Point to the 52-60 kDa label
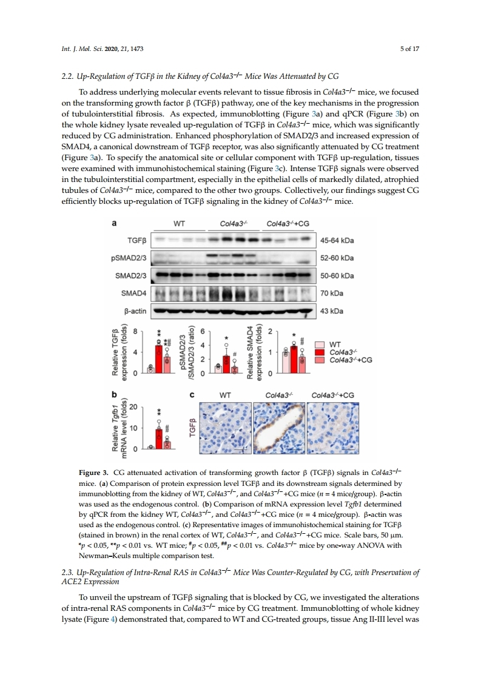tap(337, 258)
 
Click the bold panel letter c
tap(192, 395)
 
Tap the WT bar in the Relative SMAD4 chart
tap(285, 362)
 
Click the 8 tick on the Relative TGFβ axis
tap(136, 331)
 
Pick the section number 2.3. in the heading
tap(70, 573)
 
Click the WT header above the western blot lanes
tap(179, 223)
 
